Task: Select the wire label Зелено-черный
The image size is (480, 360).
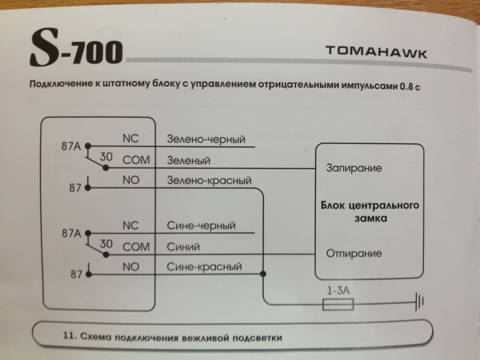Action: pyautogui.click(x=206, y=140)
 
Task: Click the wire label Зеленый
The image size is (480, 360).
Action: pyautogui.click(x=188, y=160)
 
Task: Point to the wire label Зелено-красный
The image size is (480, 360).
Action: pyautogui.click(x=209, y=180)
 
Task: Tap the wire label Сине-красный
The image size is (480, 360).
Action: pyautogui.click(x=204, y=267)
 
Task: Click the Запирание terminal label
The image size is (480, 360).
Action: pyautogui.click(x=353, y=167)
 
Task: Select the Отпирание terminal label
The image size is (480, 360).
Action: pyautogui.click(x=353, y=254)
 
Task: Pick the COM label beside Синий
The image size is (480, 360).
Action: pyautogui.click(x=136, y=247)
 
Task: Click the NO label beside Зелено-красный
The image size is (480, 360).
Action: pyautogui.click(x=131, y=180)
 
